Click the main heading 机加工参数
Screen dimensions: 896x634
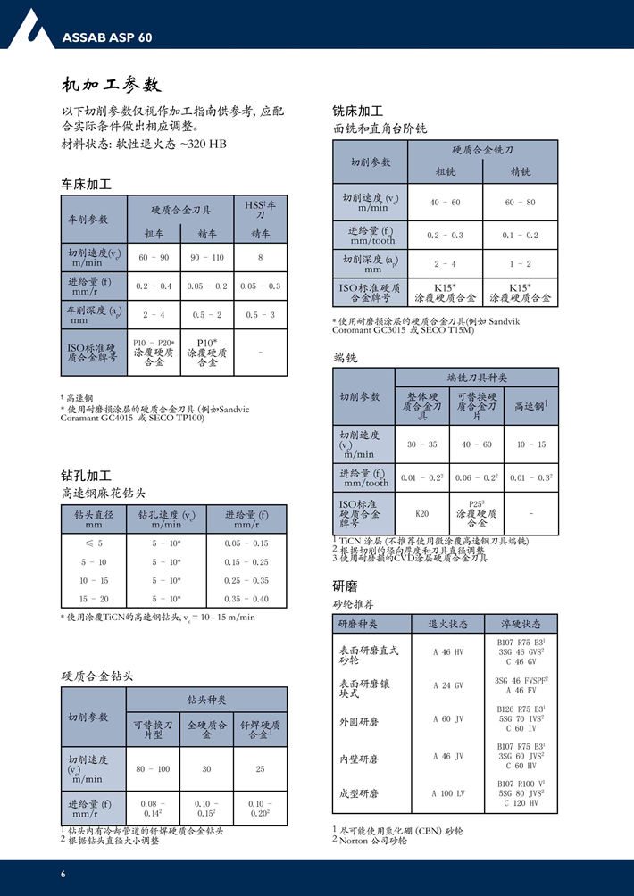111,86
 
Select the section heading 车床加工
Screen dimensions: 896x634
86,185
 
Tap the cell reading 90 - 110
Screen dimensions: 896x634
207,257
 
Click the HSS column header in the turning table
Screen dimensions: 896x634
260,210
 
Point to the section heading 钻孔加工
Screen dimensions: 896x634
86,476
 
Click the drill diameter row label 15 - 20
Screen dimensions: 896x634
94,599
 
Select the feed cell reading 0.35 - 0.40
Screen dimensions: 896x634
246,599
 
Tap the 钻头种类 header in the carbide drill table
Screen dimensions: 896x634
206,699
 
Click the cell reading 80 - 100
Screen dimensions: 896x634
153,768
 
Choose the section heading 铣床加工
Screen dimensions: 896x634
357,112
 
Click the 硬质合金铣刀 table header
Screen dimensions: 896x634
483,150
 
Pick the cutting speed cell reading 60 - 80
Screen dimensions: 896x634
520,203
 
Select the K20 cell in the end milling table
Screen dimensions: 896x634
422,513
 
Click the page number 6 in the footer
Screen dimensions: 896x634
63,873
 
